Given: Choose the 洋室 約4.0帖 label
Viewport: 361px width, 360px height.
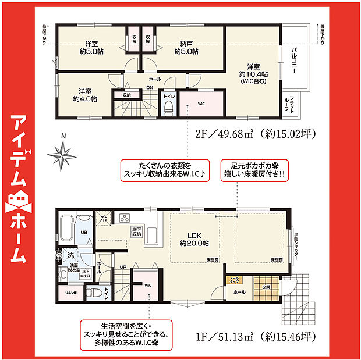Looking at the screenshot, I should point(85,95).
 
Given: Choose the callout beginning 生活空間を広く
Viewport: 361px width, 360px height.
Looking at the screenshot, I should point(128,334).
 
